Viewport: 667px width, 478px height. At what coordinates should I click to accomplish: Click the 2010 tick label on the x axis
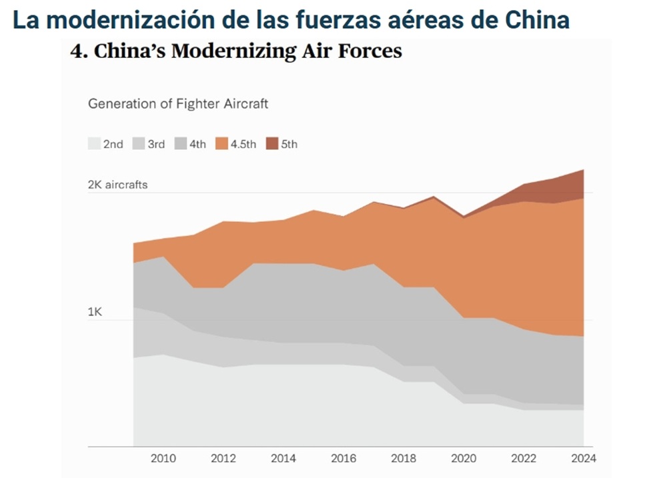pyautogui.click(x=163, y=458)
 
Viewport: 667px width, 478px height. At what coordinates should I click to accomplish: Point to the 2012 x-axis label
pyautogui.click(x=223, y=458)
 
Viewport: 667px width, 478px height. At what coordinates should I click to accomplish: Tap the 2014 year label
pyautogui.click(x=283, y=458)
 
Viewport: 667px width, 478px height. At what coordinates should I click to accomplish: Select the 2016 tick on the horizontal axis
pyautogui.click(x=344, y=458)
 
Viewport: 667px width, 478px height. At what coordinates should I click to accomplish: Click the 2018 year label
pyautogui.click(x=404, y=458)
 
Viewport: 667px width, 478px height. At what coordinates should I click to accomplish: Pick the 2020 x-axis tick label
pyautogui.click(x=464, y=458)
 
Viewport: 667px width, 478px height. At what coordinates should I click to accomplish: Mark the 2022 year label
pyautogui.click(x=524, y=458)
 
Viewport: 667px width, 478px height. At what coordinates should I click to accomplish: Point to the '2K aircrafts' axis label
pyautogui.click(x=117, y=185)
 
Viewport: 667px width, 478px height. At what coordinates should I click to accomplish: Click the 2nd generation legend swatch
pyautogui.click(x=94, y=143)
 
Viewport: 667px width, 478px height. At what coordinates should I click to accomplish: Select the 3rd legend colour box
pyautogui.click(x=138, y=143)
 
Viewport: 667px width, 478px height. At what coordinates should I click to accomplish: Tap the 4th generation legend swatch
pyautogui.click(x=180, y=143)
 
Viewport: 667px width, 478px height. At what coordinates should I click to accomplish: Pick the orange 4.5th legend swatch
pyautogui.click(x=221, y=143)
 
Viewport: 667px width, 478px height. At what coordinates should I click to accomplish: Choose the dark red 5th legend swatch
pyautogui.click(x=272, y=143)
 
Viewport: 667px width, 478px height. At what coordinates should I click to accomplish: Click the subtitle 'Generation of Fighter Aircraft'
pyautogui.click(x=178, y=104)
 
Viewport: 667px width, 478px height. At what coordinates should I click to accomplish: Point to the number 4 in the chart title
pyautogui.click(x=76, y=51)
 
